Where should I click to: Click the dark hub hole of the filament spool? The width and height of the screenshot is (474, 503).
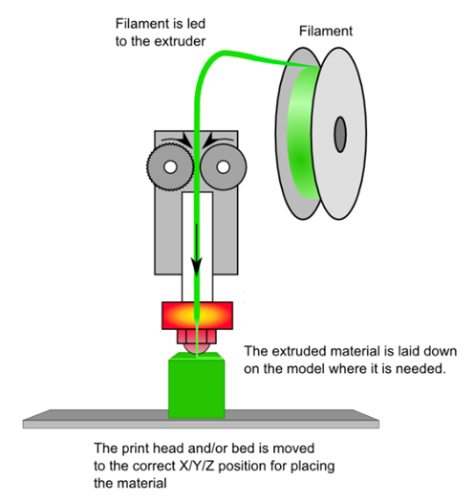340,135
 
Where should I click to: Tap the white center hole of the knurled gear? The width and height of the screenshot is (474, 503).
170,166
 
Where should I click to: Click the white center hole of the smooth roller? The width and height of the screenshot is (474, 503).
223,166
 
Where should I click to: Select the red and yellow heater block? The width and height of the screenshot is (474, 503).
197,316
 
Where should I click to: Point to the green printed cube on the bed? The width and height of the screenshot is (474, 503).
197,385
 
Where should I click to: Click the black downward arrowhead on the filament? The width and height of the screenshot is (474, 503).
197,266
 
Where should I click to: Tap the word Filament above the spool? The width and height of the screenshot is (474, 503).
326,32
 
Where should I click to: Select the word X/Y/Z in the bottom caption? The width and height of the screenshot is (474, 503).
197,466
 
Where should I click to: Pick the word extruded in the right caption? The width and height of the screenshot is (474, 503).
299,351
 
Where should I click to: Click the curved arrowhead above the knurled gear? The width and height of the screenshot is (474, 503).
186,141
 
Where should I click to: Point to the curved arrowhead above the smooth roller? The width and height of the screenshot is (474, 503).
209,141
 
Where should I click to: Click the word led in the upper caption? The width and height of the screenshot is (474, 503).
197,24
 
